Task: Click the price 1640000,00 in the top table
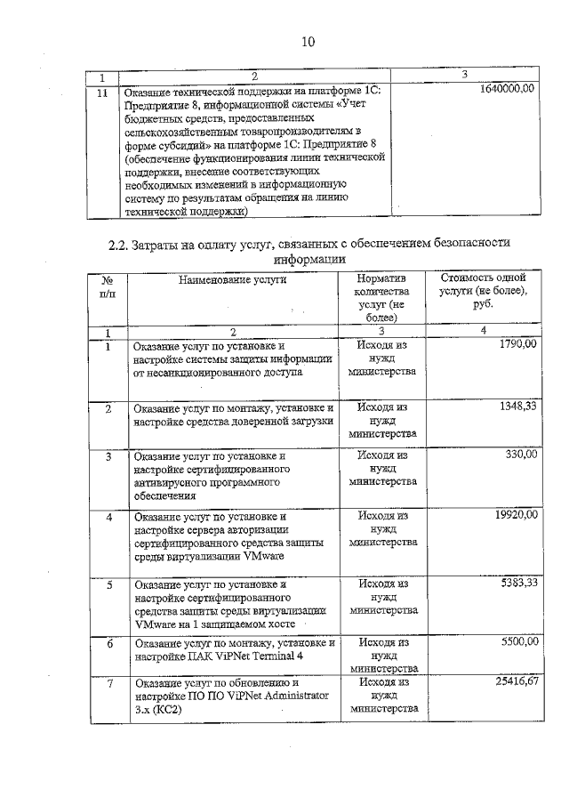[506, 90]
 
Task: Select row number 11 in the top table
[102, 92]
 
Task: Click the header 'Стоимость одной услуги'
[483, 290]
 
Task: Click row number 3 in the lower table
[108, 456]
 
